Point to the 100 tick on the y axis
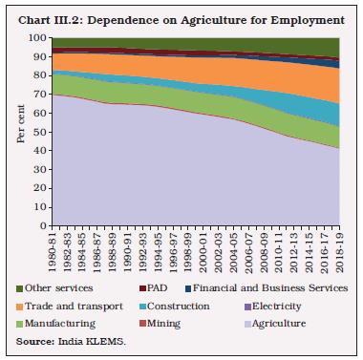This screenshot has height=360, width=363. [x=37, y=38]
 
